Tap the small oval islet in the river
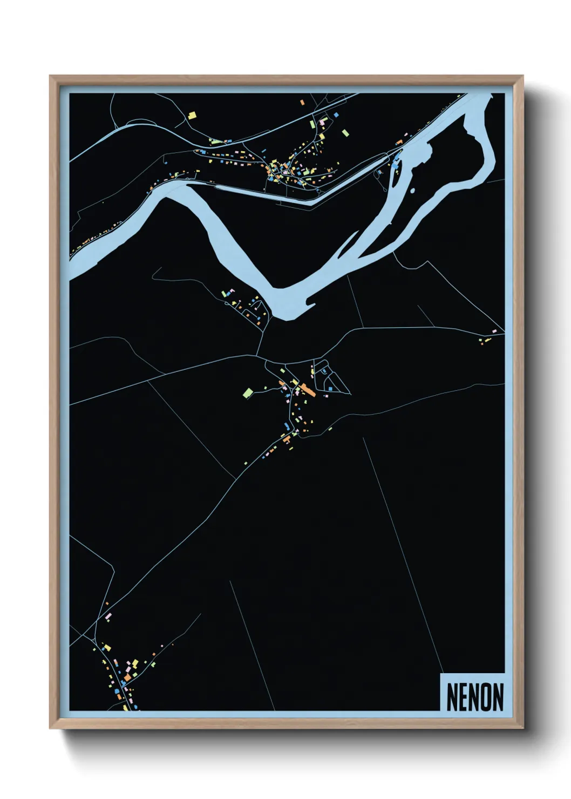[x=412, y=191]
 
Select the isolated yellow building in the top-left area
[x=192, y=115]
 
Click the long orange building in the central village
[x=308, y=389]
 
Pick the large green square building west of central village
[x=248, y=392]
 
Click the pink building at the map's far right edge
[x=493, y=330]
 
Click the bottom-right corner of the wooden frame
[x=522, y=728]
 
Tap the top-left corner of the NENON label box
[x=441, y=674]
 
